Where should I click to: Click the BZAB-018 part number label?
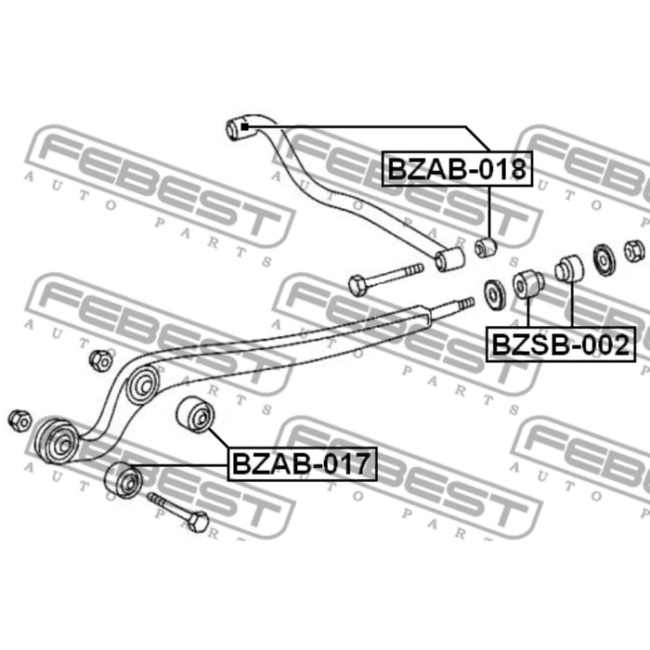point(457,169)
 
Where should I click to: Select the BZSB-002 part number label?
point(561,344)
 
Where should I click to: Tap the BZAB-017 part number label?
point(302,464)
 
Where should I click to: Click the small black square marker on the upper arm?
point(244,126)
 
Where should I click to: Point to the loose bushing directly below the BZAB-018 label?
point(486,248)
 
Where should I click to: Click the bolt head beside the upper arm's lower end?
point(357,285)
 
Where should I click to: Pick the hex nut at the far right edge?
point(634,251)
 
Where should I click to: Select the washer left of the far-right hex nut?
point(604,260)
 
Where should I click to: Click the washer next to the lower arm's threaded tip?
point(495,295)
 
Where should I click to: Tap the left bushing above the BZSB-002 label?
point(528,284)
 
